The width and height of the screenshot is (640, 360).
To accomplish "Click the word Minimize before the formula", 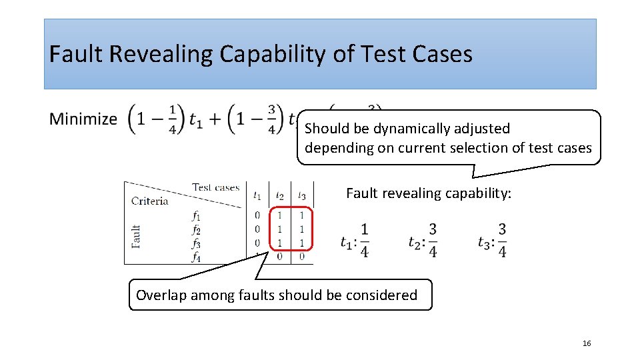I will (x=83, y=119).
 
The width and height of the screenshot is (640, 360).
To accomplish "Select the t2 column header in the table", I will (x=280, y=195).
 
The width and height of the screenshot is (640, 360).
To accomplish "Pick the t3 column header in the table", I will (x=302, y=195).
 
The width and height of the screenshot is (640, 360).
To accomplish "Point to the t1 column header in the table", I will (x=257, y=195).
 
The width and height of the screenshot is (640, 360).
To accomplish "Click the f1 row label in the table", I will (x=196, y=215).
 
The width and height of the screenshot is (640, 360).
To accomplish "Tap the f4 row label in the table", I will (x=196, y=256).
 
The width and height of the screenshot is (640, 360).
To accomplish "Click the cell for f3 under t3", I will (x=302, y=243).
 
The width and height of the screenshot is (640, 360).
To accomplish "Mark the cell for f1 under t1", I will (x=257, y=215).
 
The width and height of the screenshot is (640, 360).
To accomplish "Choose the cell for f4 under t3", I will (x=302, y=256).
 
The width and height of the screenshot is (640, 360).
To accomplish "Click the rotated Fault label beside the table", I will (x=136, y=236).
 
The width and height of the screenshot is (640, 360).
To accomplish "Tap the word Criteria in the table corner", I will (x=150, y=201).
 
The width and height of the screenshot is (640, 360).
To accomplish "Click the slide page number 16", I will (x=587, y=343).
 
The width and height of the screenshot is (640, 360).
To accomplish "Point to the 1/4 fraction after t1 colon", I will (x=364, y=240).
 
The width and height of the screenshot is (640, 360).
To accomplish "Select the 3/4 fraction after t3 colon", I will (x=501, y=240).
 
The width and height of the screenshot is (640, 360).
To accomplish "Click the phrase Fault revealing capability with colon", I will (x=429, y=193).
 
